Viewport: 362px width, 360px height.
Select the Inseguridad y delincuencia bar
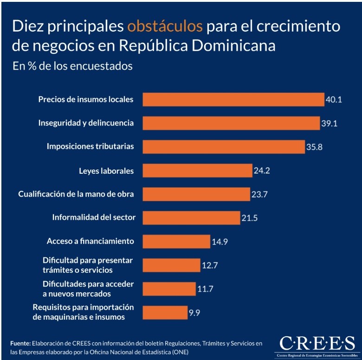tap(231, 123)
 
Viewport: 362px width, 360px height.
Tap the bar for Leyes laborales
tap(197, 170)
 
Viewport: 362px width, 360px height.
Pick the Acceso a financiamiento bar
tap(176, 241)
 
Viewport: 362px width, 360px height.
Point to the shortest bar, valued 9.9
tap(165, 312)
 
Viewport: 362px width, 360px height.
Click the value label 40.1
tap(333, 99)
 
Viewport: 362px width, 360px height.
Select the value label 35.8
tap(314, 147)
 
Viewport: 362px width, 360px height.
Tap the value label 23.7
tap(259, 194)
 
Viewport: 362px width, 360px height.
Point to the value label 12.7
tap(210, 265)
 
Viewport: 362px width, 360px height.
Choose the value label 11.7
tap(205, 289)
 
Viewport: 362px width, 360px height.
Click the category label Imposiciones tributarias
tap(90, 146)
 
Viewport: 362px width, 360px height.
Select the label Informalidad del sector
tap(93, 217)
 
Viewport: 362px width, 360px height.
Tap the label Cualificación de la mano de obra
tap(76, 194)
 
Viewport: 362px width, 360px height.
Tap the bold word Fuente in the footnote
tap(20, 343)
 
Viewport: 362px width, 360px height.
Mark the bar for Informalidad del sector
tap(191, 217)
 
